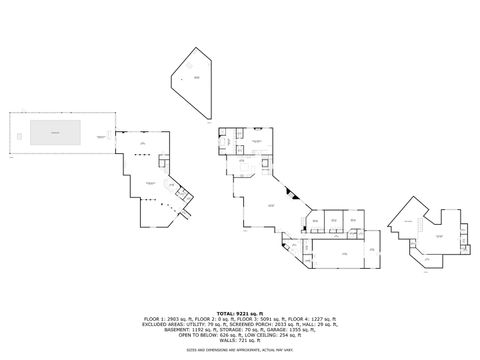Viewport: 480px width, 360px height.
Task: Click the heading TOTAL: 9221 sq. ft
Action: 240,314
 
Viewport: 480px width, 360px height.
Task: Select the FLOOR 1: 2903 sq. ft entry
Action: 164,320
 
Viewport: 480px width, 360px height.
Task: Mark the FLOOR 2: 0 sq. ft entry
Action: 211,320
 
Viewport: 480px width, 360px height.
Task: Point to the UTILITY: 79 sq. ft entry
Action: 199,325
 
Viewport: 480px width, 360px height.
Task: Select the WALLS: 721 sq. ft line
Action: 240,340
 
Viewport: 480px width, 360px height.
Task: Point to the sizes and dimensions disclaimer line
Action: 240,349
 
